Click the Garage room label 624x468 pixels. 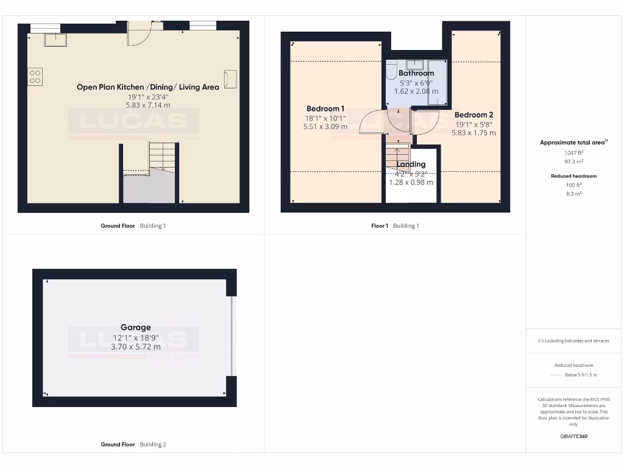coord(135,327)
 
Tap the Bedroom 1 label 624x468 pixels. coord(325,109)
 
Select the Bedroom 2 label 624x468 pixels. coord(473,115)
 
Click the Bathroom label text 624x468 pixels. coord(416,73)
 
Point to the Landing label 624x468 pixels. coord(411,164)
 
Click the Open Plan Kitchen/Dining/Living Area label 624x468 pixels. coord(147,87)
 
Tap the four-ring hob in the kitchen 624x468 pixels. coord(35,76)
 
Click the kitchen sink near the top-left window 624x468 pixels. coord(55,40)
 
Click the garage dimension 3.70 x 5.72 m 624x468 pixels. coord(135,347)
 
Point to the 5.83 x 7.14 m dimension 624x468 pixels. coord(149,105)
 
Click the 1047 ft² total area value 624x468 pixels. coord(573,153)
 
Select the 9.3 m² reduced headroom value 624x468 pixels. coord(573,193)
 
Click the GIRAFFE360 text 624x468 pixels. coord(573,436)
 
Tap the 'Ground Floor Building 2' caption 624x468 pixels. coord(133,445)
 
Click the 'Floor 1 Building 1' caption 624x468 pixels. coord(395,226)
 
